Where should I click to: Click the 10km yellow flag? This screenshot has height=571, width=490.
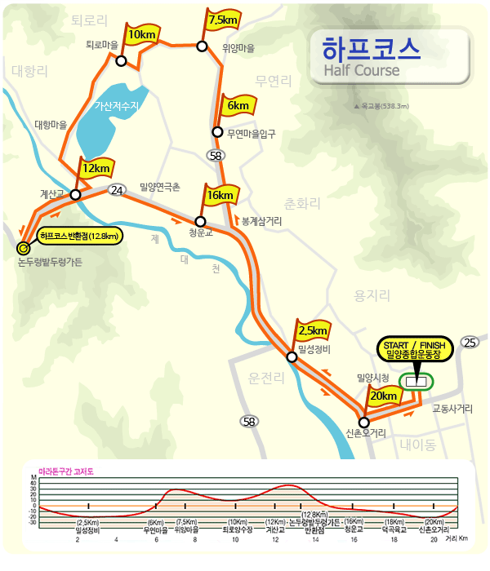(141, 34)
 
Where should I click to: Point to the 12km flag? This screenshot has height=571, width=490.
(96, 169)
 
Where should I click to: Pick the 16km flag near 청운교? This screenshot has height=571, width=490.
(220, 196)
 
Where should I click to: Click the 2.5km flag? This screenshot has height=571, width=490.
(313, 331)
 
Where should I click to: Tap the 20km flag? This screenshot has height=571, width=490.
(383, 396)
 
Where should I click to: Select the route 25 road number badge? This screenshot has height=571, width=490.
(470, 342)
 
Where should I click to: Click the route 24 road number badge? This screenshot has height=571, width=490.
(117, 190)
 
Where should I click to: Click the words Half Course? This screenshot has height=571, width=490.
(362, 70)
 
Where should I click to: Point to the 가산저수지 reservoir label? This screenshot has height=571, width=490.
(118, 106)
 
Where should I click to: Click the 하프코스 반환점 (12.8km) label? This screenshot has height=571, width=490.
(80, 237)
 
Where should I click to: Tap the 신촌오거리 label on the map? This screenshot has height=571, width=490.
(365, 433)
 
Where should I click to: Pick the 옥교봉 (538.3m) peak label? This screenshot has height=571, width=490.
(381, 106)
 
